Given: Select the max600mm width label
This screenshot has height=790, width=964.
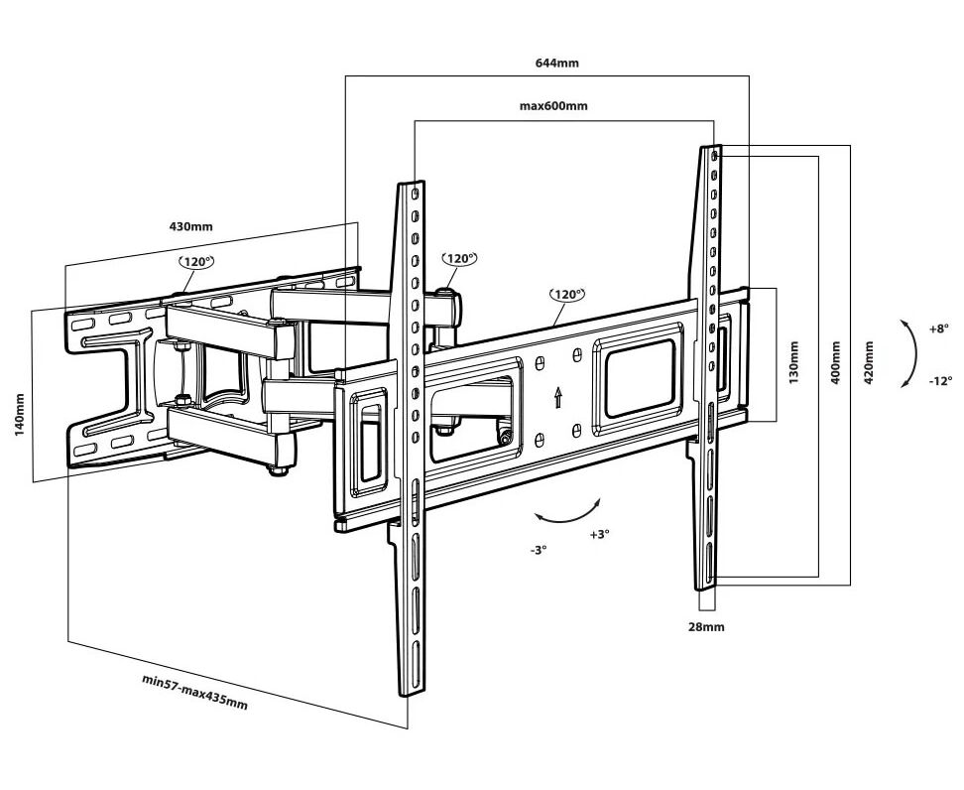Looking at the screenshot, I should point(553,105).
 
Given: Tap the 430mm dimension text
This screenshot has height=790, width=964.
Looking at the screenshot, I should point(190,226).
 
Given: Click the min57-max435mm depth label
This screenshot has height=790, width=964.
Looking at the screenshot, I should point(194,691).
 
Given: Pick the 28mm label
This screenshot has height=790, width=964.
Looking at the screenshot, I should point(706,626).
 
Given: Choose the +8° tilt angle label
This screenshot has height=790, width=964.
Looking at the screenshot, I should point(938,328).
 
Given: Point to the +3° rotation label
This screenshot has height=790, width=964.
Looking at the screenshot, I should point(599,534).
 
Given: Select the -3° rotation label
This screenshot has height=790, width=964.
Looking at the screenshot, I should point(539,549).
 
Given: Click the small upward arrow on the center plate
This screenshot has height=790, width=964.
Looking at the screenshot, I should point(558,397).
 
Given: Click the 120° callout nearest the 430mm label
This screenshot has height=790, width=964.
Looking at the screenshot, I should point(195,262).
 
